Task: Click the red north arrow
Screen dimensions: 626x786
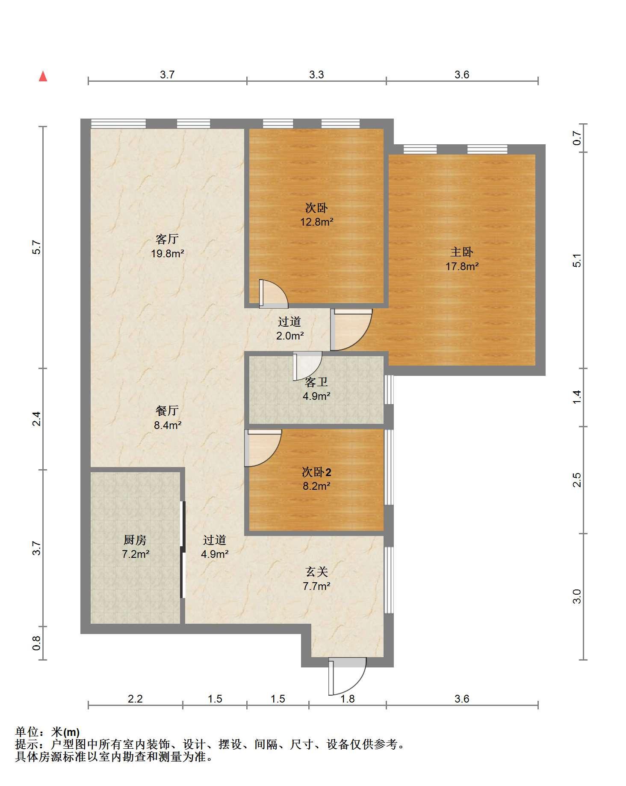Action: point(43,76)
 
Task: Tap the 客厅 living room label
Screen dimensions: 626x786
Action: point(167,239)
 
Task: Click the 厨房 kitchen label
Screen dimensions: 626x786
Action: point(135,540)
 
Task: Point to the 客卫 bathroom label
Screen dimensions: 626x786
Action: point(316,382)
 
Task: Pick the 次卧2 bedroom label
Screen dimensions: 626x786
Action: point(316,472)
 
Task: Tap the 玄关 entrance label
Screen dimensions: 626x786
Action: point(316,572)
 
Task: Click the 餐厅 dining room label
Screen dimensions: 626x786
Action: point(167,411)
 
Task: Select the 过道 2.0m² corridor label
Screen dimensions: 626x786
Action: point(289,329)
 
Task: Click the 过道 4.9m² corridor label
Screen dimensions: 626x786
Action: point(215,547)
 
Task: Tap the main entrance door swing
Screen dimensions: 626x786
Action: point(347,676)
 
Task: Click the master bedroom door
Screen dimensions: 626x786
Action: point(351,329)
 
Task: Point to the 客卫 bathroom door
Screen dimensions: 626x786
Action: point(307,366)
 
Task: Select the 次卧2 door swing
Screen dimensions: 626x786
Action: point(263,448)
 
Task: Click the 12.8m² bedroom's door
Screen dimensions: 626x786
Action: point(274,294)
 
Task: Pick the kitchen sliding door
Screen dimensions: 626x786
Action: point(183,549)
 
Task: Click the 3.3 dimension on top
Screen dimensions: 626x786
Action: point(316,74)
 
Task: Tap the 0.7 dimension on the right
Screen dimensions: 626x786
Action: point(577,138)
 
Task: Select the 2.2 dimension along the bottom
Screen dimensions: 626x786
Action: point(135,699)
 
